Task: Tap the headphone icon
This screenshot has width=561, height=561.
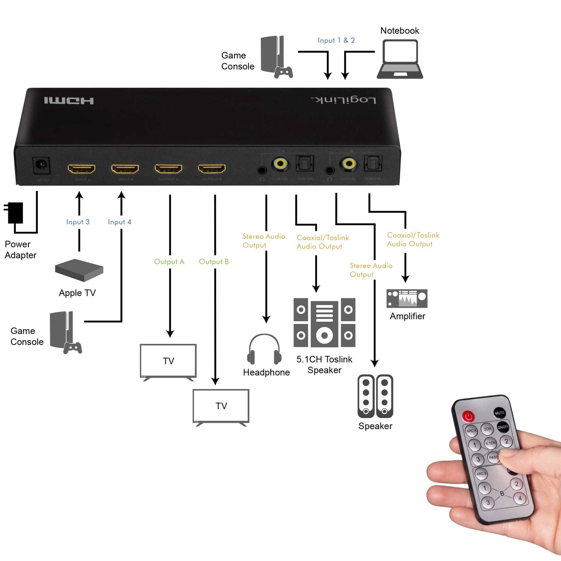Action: (x=264, y=349)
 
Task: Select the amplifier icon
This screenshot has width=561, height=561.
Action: (x=407, y=298)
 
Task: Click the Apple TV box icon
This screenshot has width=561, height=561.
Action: (x=79, y=270)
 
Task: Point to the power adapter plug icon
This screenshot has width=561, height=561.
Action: (x=14, y=212)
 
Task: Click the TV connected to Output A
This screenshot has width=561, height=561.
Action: (x=168, y=361)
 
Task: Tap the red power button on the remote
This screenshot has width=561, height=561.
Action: (x=468, y=416)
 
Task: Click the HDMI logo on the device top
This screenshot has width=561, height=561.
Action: (x=69, y=101)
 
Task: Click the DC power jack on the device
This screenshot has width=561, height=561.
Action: (x=42, y=165)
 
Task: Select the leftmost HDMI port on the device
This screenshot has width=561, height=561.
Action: (x=81, y=169)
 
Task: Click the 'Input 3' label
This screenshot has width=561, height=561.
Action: (x=78, y=222)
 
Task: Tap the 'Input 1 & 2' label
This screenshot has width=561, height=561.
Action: (x=336, y=40)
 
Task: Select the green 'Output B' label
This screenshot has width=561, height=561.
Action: (x=214, y=261)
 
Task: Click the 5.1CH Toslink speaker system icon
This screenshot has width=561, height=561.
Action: (x=324, y=323)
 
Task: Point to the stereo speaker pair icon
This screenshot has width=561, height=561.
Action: (x=375, y=396)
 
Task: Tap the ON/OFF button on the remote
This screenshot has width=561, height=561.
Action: (x=503, y=427)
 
